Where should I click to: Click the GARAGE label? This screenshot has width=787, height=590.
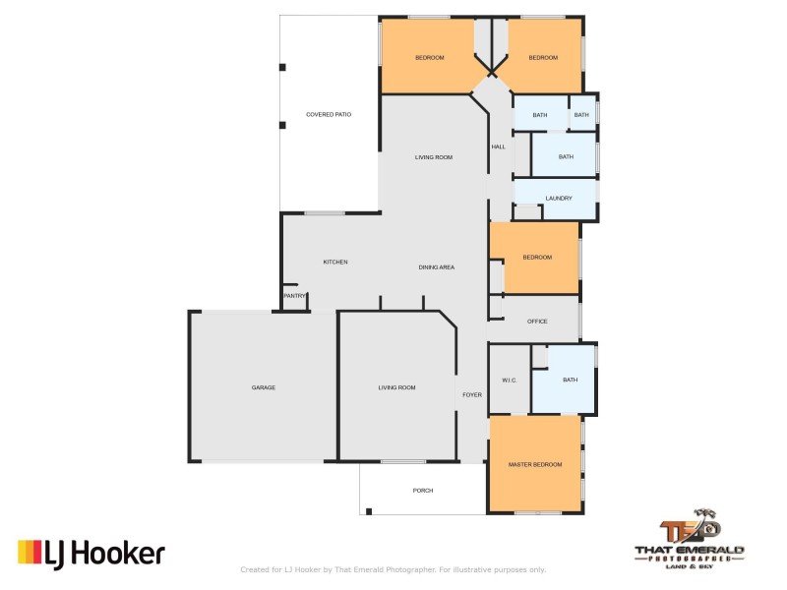263,387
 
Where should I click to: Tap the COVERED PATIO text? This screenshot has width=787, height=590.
329,115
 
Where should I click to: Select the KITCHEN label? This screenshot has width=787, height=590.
335,262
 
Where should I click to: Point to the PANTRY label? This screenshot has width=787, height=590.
293,296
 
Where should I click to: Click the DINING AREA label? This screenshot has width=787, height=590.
436,266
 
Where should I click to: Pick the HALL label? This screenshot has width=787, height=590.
498,147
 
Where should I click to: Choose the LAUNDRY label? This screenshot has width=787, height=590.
559,198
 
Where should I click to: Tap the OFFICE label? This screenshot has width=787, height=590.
537,322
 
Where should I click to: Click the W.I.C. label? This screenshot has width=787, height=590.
509,380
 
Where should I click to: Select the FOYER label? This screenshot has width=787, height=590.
472,394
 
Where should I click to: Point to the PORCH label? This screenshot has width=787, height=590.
423,490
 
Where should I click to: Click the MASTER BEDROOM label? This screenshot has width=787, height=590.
535,464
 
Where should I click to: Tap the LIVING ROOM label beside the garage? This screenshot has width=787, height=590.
396,387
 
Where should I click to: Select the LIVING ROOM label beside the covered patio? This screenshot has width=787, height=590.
433,157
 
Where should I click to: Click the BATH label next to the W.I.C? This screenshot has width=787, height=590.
571,380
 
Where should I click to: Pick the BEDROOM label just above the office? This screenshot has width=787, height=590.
537,258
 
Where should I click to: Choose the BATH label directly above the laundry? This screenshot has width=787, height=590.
566,156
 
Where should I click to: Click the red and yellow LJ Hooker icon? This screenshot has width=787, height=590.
29,554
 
